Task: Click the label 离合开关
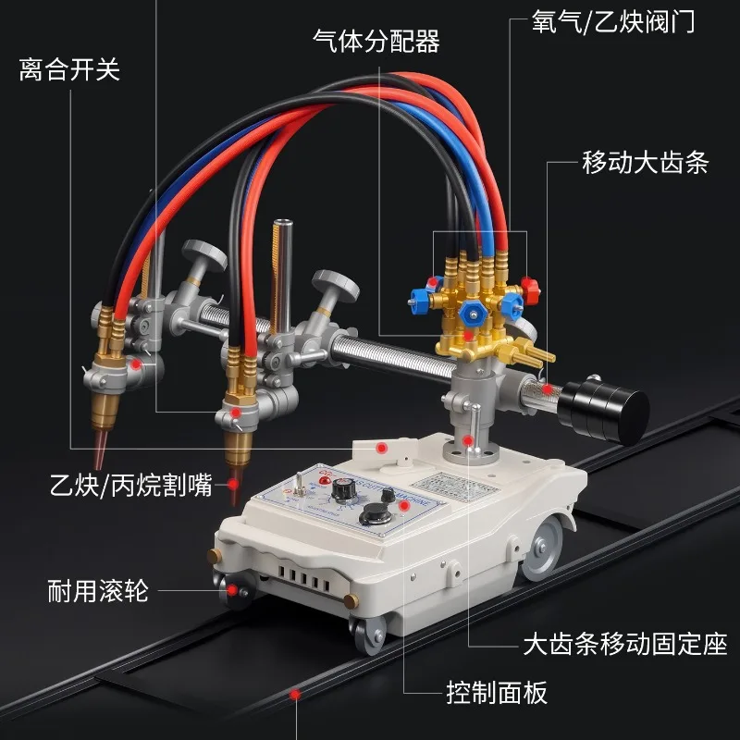point(70,70)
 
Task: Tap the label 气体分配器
point(376,41)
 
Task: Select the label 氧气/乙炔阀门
point(613,21)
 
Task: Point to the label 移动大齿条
point(645,163)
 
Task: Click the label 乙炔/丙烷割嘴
point(131,485)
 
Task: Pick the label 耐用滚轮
point(98,590)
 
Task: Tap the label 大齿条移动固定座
point(625,644)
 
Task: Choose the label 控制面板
point(497,692)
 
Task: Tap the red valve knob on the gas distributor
point(530,290)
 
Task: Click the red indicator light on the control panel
point(325,480)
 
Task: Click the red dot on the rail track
point(295,695)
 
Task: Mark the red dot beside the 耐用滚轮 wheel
point(232,590)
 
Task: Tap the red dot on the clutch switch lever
point(381,448)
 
